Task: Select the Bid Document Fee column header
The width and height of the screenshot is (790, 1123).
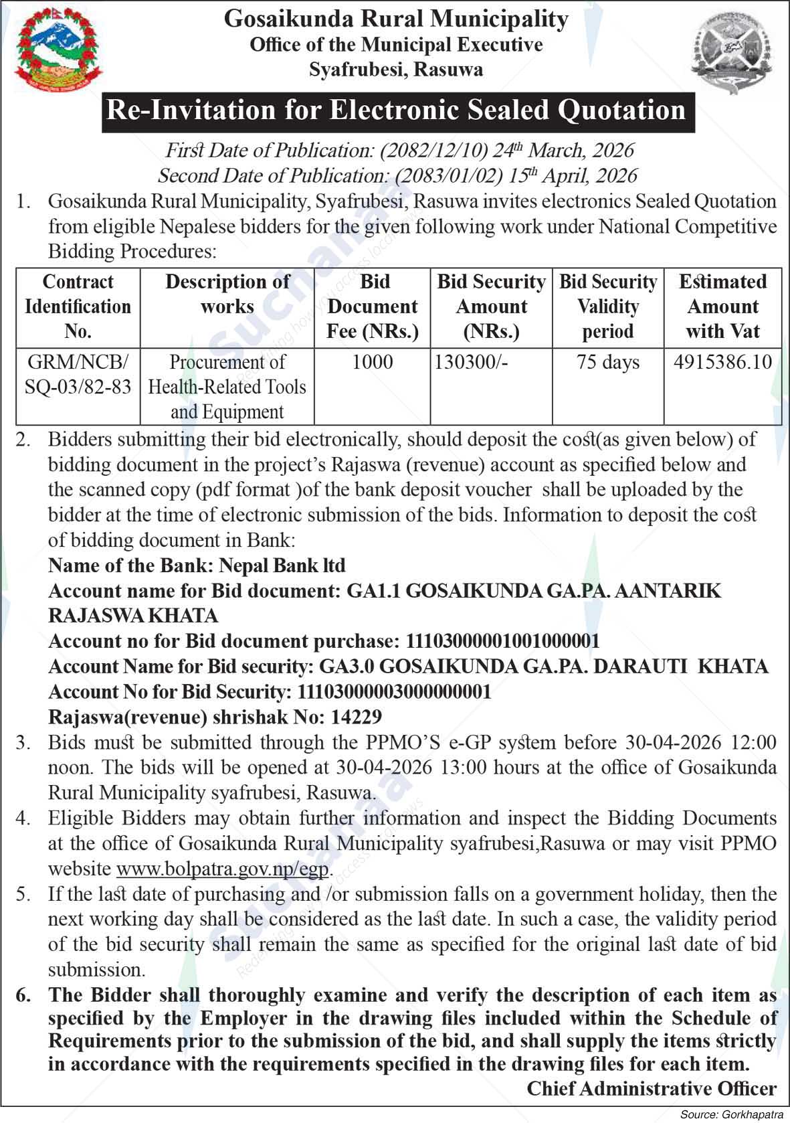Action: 373,307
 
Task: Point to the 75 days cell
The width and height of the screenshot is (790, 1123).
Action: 607,363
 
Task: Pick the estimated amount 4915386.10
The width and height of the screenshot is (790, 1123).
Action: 722,363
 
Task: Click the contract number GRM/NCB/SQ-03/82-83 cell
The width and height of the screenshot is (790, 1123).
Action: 78,374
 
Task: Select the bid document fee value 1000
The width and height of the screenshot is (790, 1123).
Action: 373,363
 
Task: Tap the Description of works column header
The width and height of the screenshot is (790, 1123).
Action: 227,294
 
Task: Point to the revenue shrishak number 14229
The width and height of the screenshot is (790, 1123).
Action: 356,717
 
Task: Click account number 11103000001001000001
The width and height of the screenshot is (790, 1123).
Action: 502,641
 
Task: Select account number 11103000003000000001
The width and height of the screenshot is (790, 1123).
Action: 394,691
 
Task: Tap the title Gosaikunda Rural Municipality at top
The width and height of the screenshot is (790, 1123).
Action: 396,19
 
